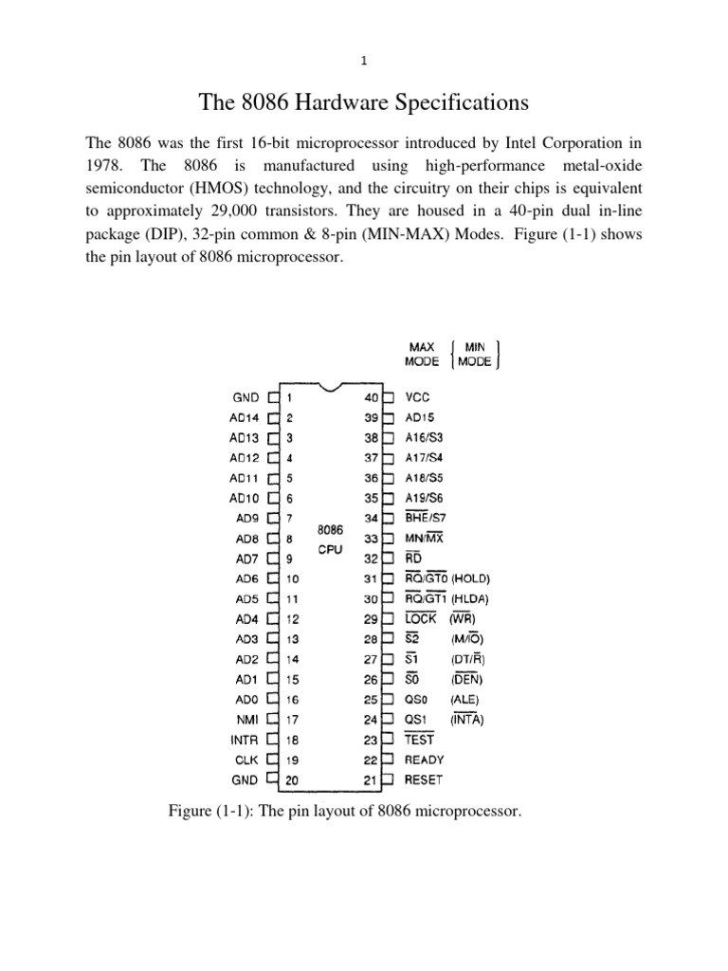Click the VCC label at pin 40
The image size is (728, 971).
pos(418,399)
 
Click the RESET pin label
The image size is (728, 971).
pos(424,780)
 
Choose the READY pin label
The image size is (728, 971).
pos(424,760)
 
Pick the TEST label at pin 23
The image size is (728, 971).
pos(420,739)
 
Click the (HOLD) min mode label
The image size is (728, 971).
pos(472,578)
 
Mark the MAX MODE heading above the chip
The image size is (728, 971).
pos(423,355)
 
